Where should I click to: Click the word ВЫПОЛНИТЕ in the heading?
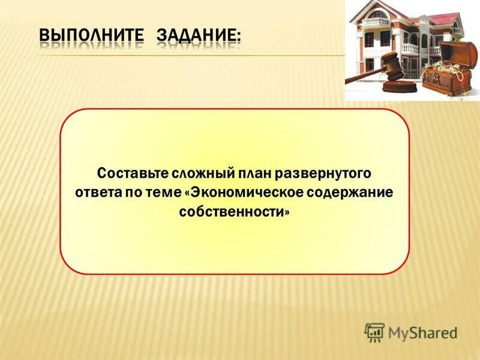[x=91, y=35]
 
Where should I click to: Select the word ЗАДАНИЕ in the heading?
[x=196, y=35]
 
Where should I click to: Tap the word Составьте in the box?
[x=133, y=173]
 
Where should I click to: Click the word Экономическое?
[x=244, y=193]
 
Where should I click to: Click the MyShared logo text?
[x=422, y=333]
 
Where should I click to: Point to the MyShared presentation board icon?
[x=374, y=332]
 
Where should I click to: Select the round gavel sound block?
[x=400, y=86]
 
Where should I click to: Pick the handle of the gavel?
[x=364, y=76]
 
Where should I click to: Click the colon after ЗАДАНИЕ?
[x=238, y=37]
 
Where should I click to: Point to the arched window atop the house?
[x=378, y=14]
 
